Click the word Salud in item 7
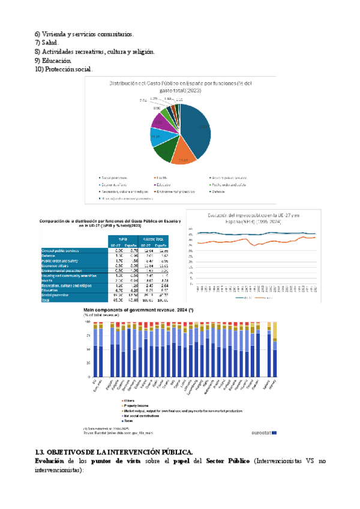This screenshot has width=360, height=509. (50, 43)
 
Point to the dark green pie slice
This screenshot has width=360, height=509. (162, 150)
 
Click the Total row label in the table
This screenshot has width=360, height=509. (45, 300)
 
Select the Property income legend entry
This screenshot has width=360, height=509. (135, 406)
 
